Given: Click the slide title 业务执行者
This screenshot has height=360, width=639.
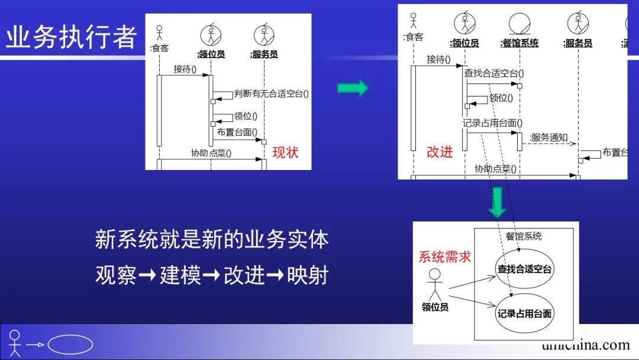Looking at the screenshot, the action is click(71, 37).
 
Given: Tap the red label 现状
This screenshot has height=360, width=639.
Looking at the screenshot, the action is click(285, 153).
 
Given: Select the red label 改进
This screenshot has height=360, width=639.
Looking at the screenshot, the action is click(440, 152).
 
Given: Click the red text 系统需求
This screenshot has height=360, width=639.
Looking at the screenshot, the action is click(445, 256).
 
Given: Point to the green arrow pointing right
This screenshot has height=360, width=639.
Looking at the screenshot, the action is click(353, 89).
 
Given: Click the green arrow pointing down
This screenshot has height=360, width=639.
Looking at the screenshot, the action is click(498, 202).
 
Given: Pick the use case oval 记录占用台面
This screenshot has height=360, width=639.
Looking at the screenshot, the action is click(524, 314).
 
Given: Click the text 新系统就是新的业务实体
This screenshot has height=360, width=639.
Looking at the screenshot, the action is click(211, 240).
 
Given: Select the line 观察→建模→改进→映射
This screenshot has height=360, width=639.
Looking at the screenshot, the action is click(211, 275).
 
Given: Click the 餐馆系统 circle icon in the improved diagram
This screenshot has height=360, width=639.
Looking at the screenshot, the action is click(519, 24).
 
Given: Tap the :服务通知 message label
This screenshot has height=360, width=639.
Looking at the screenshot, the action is click(548, 138).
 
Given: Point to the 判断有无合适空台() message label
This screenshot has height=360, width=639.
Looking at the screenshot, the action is click(272, 93).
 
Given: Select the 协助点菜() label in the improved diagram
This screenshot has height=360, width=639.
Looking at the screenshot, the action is click(495, 169).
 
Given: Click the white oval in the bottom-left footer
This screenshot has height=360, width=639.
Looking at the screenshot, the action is click(70, 345).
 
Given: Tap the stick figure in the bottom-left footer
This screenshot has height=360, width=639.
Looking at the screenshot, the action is click(15, 343).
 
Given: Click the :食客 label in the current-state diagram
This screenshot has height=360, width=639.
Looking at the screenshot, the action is click(159, 48).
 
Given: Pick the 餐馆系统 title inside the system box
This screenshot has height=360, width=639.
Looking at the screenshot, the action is click(523, 236).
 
